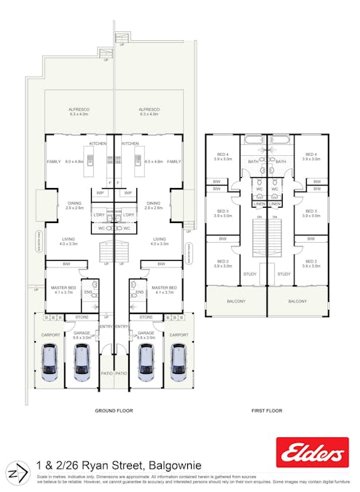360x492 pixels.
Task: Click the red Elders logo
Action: coord(312,453)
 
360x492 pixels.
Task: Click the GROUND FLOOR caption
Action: coord(114,411)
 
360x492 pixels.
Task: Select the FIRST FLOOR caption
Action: coord(266,411)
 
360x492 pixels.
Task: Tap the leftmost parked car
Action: coord(49,362)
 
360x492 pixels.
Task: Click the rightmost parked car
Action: coord(179,362)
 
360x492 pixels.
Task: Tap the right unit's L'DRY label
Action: coord(129,215)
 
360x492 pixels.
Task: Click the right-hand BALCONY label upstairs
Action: coord(297,300)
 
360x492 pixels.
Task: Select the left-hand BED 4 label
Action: coord(223,155)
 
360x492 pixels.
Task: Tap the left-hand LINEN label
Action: coord(259,204)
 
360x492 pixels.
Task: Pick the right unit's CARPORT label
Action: coord(179,335)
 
